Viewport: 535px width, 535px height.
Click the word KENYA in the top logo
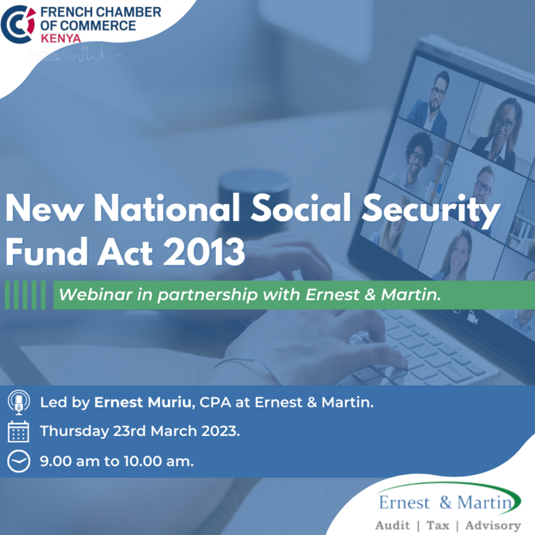(61, 38)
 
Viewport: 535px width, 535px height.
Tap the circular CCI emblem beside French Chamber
(18, 24)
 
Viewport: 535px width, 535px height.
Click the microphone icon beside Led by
(19, 402)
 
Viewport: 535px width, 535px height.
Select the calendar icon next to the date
(18, 432)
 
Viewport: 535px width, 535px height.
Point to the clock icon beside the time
(19, 461)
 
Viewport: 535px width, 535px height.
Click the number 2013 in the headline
(204, 251)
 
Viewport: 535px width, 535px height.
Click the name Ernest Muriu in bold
(143, 402)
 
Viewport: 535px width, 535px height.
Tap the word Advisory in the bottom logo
(493, 525)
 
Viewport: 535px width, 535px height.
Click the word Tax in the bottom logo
(437, 525)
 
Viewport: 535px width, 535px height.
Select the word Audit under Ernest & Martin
(393, 525)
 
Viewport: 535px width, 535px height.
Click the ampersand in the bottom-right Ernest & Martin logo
(446, 502)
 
